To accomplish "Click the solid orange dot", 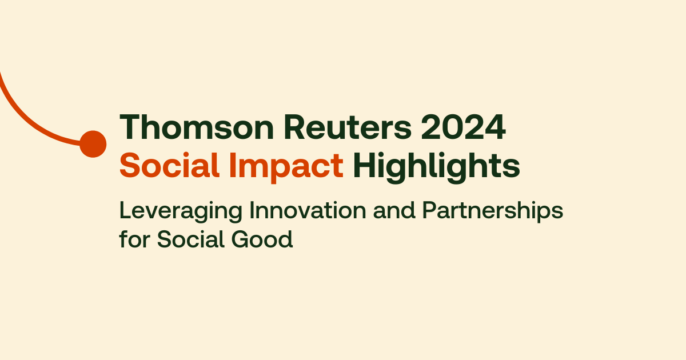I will point(93,143).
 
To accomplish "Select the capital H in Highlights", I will point(362,166).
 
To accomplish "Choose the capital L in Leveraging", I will point(124,211).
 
